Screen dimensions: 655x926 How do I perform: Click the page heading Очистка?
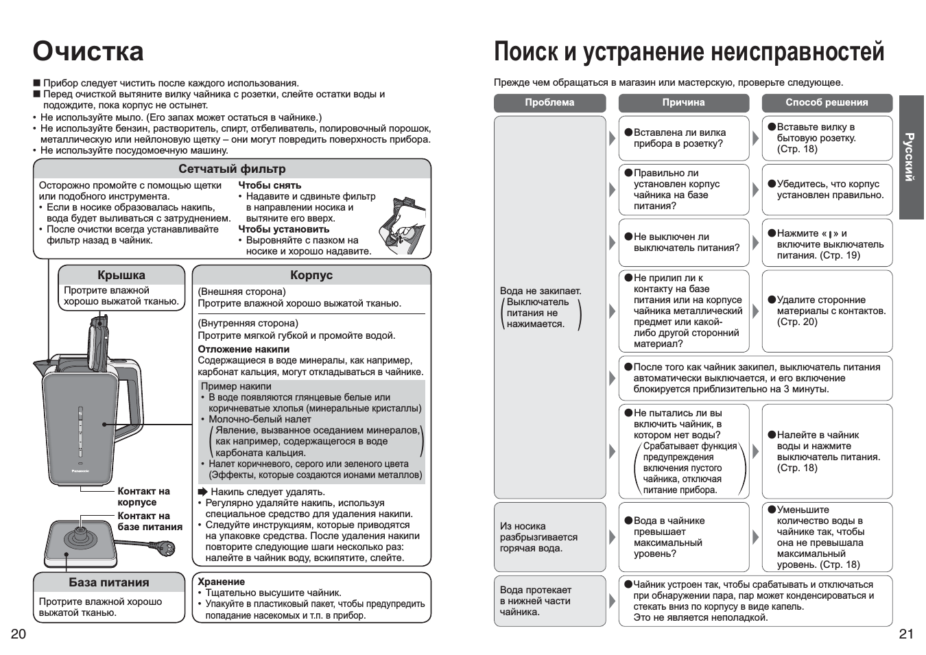point(88,51)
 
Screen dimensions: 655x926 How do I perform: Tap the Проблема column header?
point(549,102)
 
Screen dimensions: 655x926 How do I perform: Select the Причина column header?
point(683,102)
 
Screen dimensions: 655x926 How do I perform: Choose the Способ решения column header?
point(827,102)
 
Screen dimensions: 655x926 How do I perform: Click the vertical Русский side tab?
point(910,156)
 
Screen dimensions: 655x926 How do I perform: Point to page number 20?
point(18,633)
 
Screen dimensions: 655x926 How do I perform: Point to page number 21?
point(906,633)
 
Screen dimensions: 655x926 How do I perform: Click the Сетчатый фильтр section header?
point(232,169)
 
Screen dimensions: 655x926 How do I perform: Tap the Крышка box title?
point(121,275)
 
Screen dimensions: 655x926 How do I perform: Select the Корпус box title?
point(311,275)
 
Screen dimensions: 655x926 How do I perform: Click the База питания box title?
point(109,582)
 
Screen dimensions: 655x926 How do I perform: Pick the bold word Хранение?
point(222,582)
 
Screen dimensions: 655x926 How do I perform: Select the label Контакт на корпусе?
point(143,497)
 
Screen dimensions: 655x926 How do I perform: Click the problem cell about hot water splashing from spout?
point(539,537)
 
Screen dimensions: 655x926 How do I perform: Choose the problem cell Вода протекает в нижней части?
point(536,601)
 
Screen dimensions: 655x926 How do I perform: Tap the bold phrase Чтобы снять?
point(270,185)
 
